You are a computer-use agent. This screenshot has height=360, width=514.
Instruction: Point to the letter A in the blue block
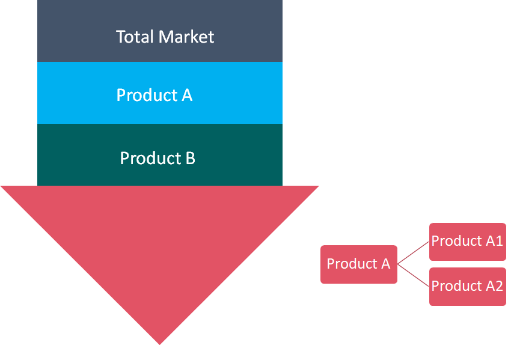pos(186,95)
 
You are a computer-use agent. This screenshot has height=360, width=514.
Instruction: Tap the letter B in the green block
pos(189,158)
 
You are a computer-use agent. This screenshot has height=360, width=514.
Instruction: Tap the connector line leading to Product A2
pos(414,275)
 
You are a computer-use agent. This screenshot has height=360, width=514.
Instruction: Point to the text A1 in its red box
pos(494,241)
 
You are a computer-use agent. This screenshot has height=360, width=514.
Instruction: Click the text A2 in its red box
pos(494,286)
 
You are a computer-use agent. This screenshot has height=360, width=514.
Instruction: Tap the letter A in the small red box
pos(385,264)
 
